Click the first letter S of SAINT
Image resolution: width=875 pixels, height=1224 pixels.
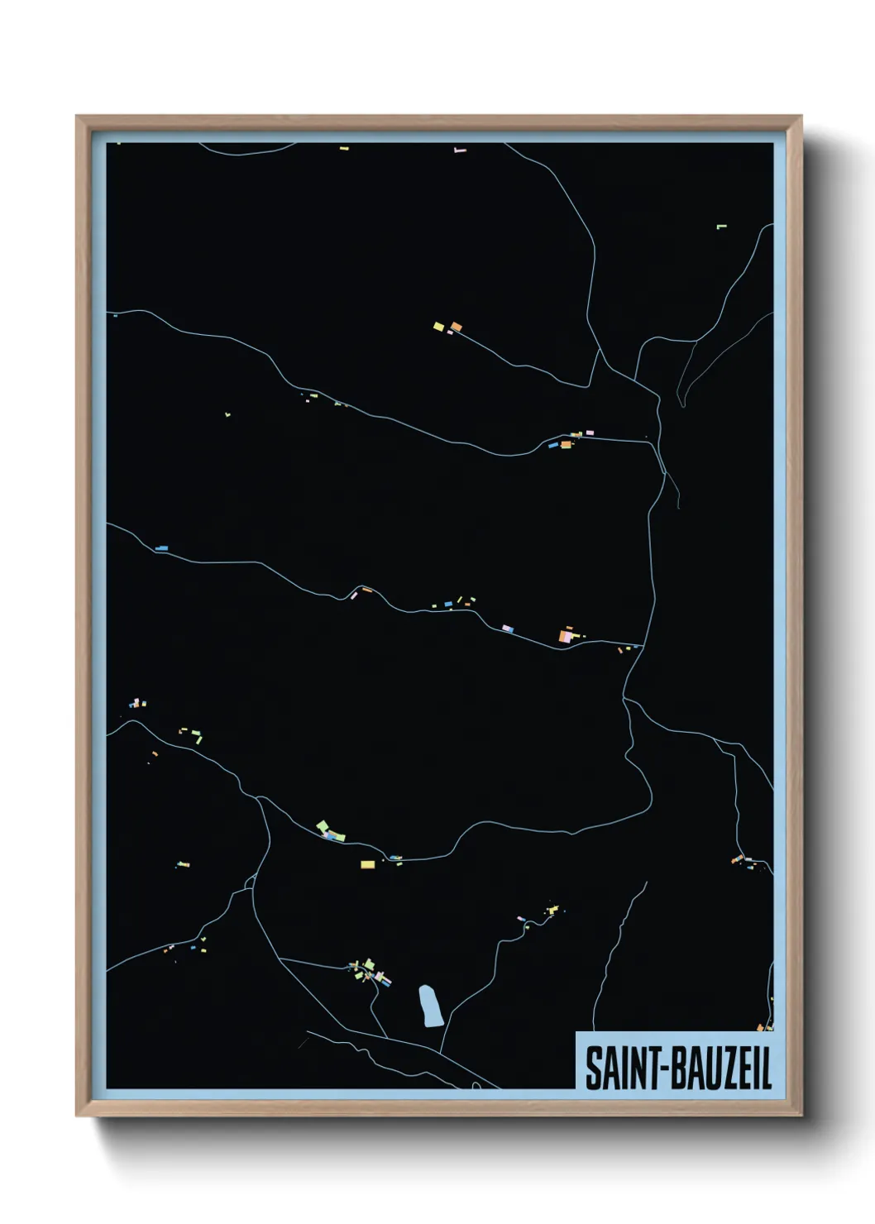pos(592,1069)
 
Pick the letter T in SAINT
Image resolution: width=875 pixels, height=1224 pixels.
pos(648,1069)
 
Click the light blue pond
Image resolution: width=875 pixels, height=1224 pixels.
pos(430,1005)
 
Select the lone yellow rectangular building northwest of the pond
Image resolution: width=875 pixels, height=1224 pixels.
pos(368,864)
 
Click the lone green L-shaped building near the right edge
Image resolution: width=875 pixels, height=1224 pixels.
pos(721,226)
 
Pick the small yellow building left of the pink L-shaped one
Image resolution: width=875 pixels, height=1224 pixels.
pos(344,149)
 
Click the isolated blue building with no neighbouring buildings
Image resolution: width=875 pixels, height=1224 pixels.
pos(161,547)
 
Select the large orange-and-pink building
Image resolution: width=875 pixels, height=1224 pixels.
pos(567,636)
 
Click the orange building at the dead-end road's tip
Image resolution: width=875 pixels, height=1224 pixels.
pos(456,327)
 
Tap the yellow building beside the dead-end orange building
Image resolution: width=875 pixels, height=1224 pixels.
pos(439,327)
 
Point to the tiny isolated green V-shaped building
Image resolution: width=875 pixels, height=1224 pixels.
pos(227,414)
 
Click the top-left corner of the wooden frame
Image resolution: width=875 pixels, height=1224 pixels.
pos(77,117)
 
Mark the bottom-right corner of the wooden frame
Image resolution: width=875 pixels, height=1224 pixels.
pos(801,1116)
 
